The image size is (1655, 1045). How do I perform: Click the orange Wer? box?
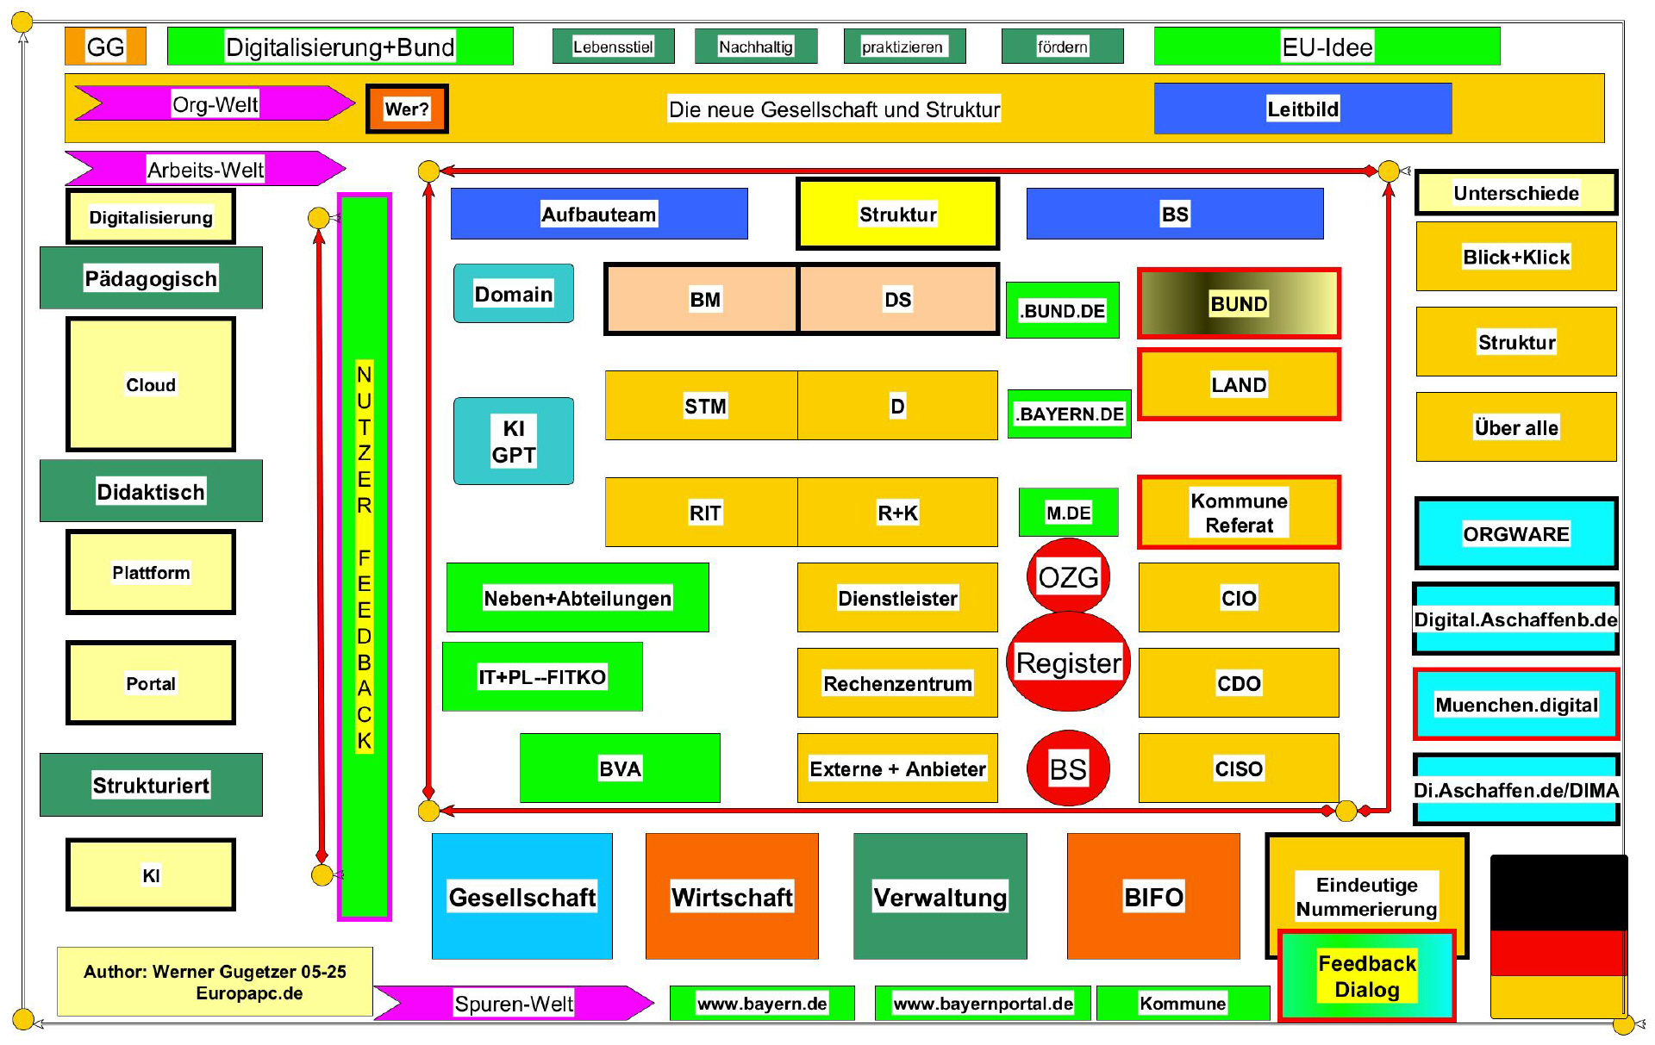pyautogui.click(x=407, y=109)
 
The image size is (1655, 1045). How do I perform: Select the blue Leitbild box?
pyautogui.click(x=1302, y=109)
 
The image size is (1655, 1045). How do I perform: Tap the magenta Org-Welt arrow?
pyautogui.click(x=215, y=103)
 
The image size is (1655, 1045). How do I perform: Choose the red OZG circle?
pyautogui.click(x=1068, y=575)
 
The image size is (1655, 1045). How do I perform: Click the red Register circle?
pyautogui.click(x=1068, y=662)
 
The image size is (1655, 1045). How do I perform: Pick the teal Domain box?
pyautogui.click(x=513, y=294)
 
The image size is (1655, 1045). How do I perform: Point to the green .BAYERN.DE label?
pyautogui.click(x=1069, y=414)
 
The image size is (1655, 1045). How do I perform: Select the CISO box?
pyautogui.click(x=1238, y=768)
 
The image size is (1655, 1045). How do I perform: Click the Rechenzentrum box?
pyautogui.click(x=896, y=683)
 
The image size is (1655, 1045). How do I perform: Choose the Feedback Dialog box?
pyautogui.click(x=1366, y=976)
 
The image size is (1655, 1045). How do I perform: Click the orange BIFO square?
pyautogui.click(x=1152, y=896)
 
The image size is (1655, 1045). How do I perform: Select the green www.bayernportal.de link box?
pyautogui.click(x=982, y=1003)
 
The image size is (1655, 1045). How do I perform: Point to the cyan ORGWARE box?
pyautogui.click(x=1515, y=533)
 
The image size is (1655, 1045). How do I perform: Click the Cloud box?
pyautogui.click(x=151, y=384)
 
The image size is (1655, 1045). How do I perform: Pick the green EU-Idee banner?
pyautogui.click(x=1327, y=47)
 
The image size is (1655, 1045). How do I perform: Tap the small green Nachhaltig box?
pyautogui.click(x=755, y=47)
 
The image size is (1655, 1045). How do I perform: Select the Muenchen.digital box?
pyautogui.click(x=1515, y=704)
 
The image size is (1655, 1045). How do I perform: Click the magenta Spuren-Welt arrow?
pyautogui.click(x=514, y=1003)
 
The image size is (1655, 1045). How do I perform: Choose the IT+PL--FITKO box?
pyautogui.click(x=542, y=676)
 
